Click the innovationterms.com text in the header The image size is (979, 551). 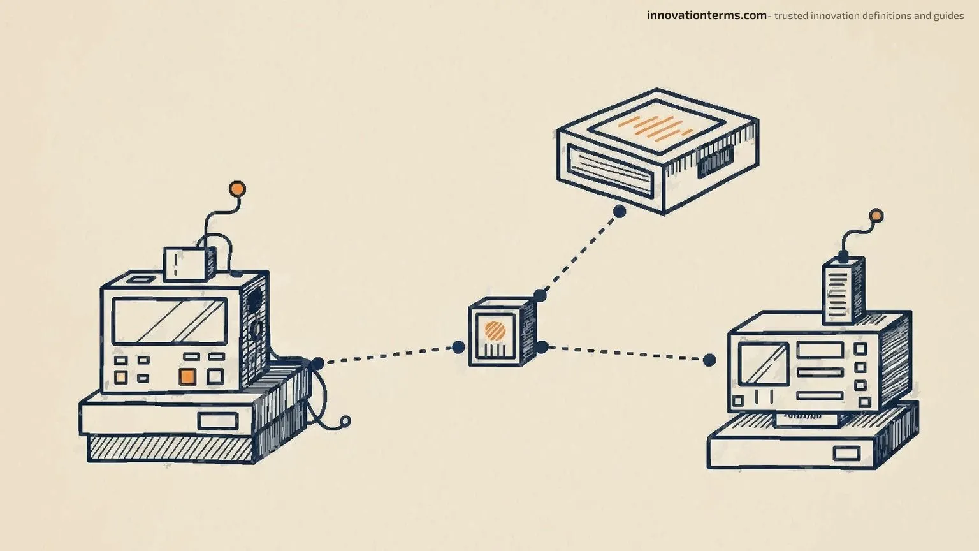click(x=706, y=16)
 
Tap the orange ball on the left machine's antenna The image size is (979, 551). click(x=237, y=189)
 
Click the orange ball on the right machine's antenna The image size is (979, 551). click(x=876, y=216)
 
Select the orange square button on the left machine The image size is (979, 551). click(x=187, y=376)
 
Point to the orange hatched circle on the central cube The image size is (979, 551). click(x=495, y=330)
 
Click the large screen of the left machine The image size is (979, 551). click(x=170, y=321)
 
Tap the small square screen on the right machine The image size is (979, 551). click(x=763, y=364)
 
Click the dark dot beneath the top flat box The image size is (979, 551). click(x=620, y=212)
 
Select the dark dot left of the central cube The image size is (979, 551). click(x=458, y=347)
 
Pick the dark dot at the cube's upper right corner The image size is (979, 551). click(x=540, y=296)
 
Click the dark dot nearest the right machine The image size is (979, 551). click(x=709, y=360)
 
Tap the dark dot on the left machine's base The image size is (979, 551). click(x=318, y=364)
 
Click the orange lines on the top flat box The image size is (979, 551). click(x=655, y=128)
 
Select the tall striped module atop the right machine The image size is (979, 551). click(x=843, y=290)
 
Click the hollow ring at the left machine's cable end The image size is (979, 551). click(x=345, y=421)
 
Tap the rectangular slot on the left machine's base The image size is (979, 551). click(x=217, y=421)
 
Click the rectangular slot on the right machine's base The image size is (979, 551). click(x=846, y=453)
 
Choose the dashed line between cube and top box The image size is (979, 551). click(x=580, y=254)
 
